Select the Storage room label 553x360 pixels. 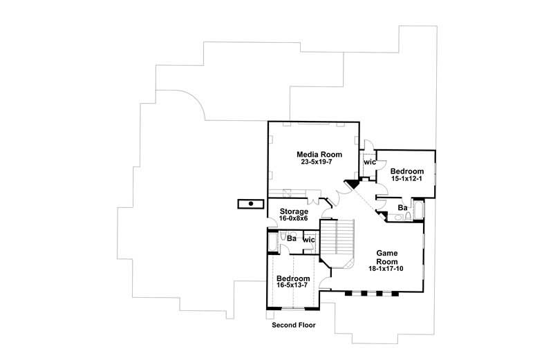click(x=294, y=211)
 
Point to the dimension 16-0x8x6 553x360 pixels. click(x=294, y=219)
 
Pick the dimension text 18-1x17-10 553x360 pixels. click(x=385, y=268)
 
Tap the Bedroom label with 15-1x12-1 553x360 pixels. click(x=406, y=171)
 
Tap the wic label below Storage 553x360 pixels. click(x=309, y=240)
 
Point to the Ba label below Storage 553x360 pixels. click(x=292, y=239)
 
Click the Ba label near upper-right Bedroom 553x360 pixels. click(x=402, y=207)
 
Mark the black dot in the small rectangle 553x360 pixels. click(x=250, y=204)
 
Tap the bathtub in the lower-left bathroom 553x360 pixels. click(x=272, y=243)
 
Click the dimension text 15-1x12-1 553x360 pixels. click(x=406, y=179)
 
